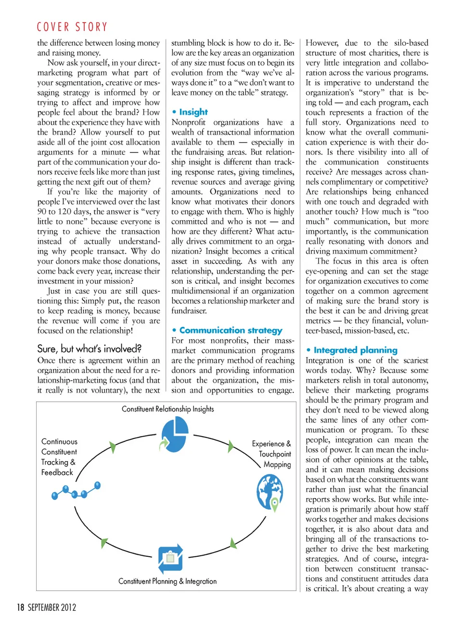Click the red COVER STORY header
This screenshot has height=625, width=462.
pos(72,27)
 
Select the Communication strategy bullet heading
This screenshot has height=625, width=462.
pos(231,330)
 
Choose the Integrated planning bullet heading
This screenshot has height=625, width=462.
pos(355,350)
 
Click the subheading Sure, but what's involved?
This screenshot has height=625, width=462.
pos(89,349)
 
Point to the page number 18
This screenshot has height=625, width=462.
pos(20,607)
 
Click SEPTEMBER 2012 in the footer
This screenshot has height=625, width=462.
pos(52,607)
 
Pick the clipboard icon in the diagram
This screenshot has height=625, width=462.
pos(170,559)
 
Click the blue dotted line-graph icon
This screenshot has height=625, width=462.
pos(76,491)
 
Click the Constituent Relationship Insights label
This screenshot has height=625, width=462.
pos(167,409)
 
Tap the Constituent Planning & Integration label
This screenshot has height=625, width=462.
pos(167,581)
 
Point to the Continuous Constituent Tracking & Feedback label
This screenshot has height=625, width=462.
pos(59,457)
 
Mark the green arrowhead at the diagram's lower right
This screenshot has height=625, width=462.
pos(233,544)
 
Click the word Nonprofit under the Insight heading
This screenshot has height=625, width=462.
pos(188,122)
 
